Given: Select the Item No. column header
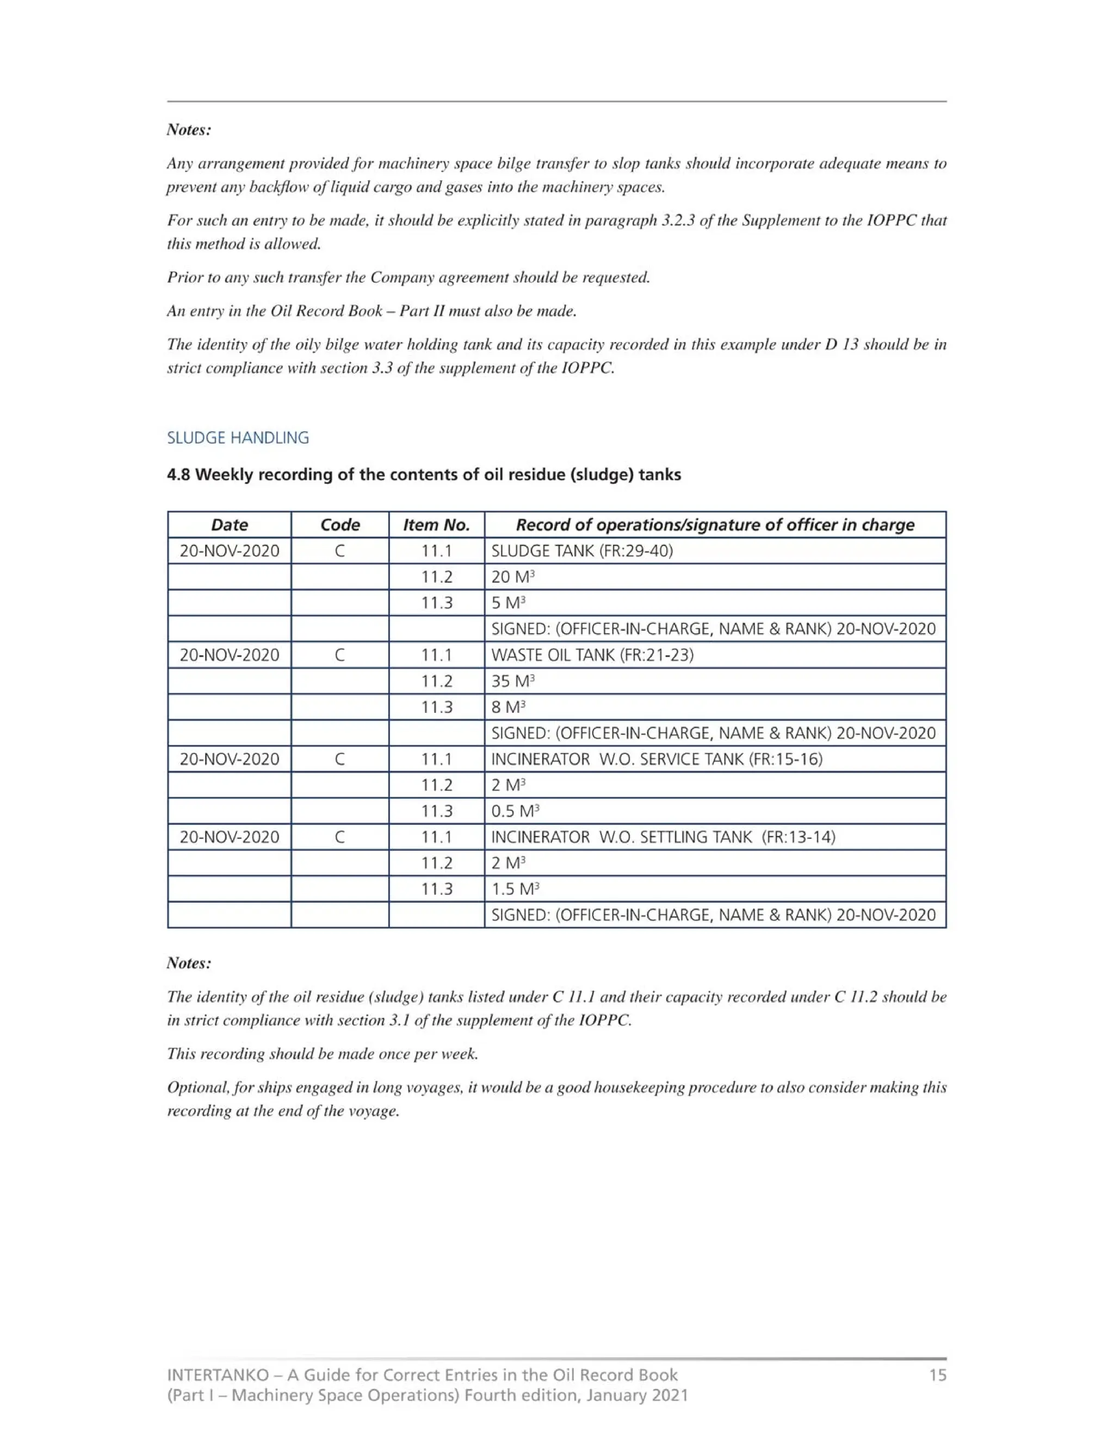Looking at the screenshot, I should [x=436, y=525].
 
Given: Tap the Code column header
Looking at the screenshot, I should [x=340, y=525].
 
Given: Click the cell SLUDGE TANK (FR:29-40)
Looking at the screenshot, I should [x=582, y=551].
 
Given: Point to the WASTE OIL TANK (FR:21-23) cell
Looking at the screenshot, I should [x=592, y=655].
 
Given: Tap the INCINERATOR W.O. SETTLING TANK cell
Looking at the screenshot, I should [x=663, y=837].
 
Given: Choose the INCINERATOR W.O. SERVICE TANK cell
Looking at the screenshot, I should [x=657, y=760].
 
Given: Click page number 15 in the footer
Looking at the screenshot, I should [x=937, y=1376].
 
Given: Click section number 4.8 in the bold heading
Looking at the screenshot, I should [x=178, y=475].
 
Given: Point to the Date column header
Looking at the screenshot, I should [x=229, y=525].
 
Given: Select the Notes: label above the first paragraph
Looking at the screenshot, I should [x=189, y=130].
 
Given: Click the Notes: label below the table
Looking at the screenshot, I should [x=189, y=964].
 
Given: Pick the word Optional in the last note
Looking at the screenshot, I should [x=192, y=1088].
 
